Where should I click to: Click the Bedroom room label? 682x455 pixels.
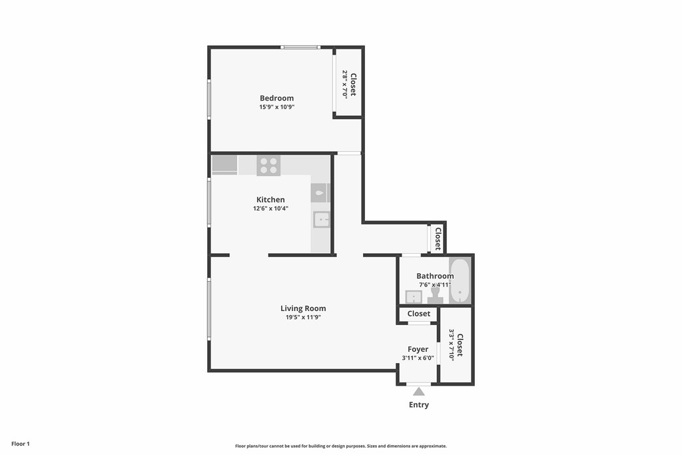[x=276, y=99]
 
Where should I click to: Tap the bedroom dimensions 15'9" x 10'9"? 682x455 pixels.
[x=277, y=107]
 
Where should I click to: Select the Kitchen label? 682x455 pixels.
[x=270, y=200]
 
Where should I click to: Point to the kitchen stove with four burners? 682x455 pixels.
[x=268, y=166]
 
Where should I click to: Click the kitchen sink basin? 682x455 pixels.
[x=322, y=220]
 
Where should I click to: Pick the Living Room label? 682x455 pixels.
[x=303, y=308]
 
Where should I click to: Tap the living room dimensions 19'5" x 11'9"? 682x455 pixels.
[x=303, y=318]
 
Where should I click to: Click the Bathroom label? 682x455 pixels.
[x=435, y=276]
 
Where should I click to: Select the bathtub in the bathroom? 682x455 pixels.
[x=460, y=281]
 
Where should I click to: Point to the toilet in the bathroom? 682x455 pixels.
[x=435, y=296]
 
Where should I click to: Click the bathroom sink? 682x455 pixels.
[x=414, y=297]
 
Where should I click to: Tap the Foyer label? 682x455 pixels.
[x=418, y=349]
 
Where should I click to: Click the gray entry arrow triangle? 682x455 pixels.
[x=419, y=392]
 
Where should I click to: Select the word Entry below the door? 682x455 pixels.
[x=419, y=405]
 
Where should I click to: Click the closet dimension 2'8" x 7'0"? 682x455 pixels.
[x=345, y=83]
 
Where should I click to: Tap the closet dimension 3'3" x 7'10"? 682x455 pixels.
[x=452, y=344]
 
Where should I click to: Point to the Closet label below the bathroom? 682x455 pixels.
[x=419, y=314]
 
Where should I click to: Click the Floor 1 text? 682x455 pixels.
[x=21, y=444]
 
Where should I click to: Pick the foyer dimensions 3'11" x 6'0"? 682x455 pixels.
[x=418, y=358]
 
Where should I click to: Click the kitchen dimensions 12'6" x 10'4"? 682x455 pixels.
[x=270, y=209]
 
